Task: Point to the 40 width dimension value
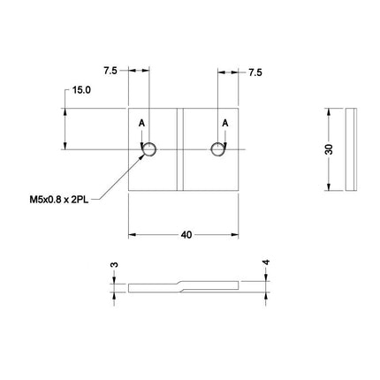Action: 186,235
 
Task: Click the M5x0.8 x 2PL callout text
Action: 59,201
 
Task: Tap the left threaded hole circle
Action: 150,149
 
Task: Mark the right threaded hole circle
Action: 217,149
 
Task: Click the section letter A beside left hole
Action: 141,122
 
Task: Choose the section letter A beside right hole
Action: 227,122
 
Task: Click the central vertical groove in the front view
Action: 180,150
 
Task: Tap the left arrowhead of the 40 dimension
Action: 133,235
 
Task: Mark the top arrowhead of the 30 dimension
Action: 331,112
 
